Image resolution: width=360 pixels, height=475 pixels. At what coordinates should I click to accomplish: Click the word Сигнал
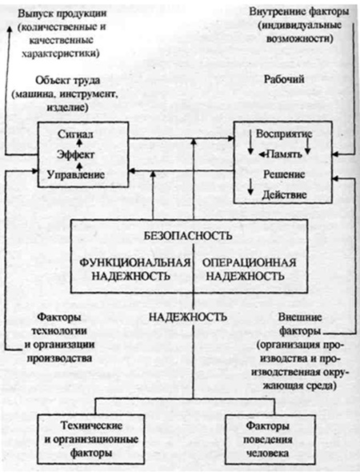point(75,134)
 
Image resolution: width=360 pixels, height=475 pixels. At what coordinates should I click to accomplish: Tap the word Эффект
point(76,155)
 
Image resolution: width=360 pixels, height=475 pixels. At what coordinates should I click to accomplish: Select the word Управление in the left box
point(76,175)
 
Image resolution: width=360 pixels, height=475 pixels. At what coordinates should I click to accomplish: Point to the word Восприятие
point(284,134)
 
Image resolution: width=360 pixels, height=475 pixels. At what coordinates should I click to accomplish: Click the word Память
point(284,154)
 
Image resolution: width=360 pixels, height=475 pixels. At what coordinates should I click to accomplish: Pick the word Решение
point(284,174)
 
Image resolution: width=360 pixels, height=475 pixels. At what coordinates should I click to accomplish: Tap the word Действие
point(284,194)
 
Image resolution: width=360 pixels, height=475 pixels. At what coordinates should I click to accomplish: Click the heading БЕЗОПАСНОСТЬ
point(188,235)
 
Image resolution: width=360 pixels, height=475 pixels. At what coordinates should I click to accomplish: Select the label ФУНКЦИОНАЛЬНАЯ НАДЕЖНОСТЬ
point(135,269)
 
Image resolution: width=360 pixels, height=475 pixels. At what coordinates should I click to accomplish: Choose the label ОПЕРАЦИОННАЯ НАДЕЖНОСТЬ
point(249,269)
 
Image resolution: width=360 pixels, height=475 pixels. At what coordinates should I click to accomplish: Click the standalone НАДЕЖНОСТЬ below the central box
point(188,317)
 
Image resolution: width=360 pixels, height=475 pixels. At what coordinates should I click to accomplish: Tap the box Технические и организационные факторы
point(91,439)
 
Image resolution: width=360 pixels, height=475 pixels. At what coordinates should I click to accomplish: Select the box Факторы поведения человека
point(270,439)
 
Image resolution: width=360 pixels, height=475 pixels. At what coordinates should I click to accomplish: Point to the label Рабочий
point(284,79)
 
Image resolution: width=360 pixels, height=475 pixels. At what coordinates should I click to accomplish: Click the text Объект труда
point(67,81)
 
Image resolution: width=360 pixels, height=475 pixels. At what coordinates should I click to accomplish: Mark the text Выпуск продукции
point(62,14)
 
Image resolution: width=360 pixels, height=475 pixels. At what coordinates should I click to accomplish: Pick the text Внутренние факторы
point(299,12)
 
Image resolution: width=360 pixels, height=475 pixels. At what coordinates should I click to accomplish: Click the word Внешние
point(300,317)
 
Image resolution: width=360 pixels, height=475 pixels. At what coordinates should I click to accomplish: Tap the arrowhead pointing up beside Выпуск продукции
point(10,29)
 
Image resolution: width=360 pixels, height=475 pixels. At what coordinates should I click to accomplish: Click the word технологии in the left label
point(59,331)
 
